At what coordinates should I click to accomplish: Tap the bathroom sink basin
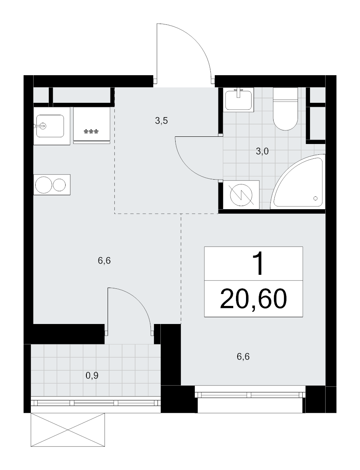[239, 99]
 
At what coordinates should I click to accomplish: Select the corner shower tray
[298, 181]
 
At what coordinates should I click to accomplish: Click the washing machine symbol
[242, 194]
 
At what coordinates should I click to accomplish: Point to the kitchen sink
[50, 126]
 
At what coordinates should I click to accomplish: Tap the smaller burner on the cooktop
[60, 185]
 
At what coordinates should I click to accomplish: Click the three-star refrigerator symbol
[91, 132]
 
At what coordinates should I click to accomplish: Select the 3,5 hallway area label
[161, 121]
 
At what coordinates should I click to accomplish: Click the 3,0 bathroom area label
[262, 152]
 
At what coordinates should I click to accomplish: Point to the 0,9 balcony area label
[92, 376]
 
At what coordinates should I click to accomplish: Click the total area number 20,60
[254, 299]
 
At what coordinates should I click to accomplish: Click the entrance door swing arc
[196, 38]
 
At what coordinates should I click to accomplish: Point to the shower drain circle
[315, 198]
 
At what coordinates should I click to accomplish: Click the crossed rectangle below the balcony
[68, 430]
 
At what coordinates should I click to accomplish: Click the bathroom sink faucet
[239, 93]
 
